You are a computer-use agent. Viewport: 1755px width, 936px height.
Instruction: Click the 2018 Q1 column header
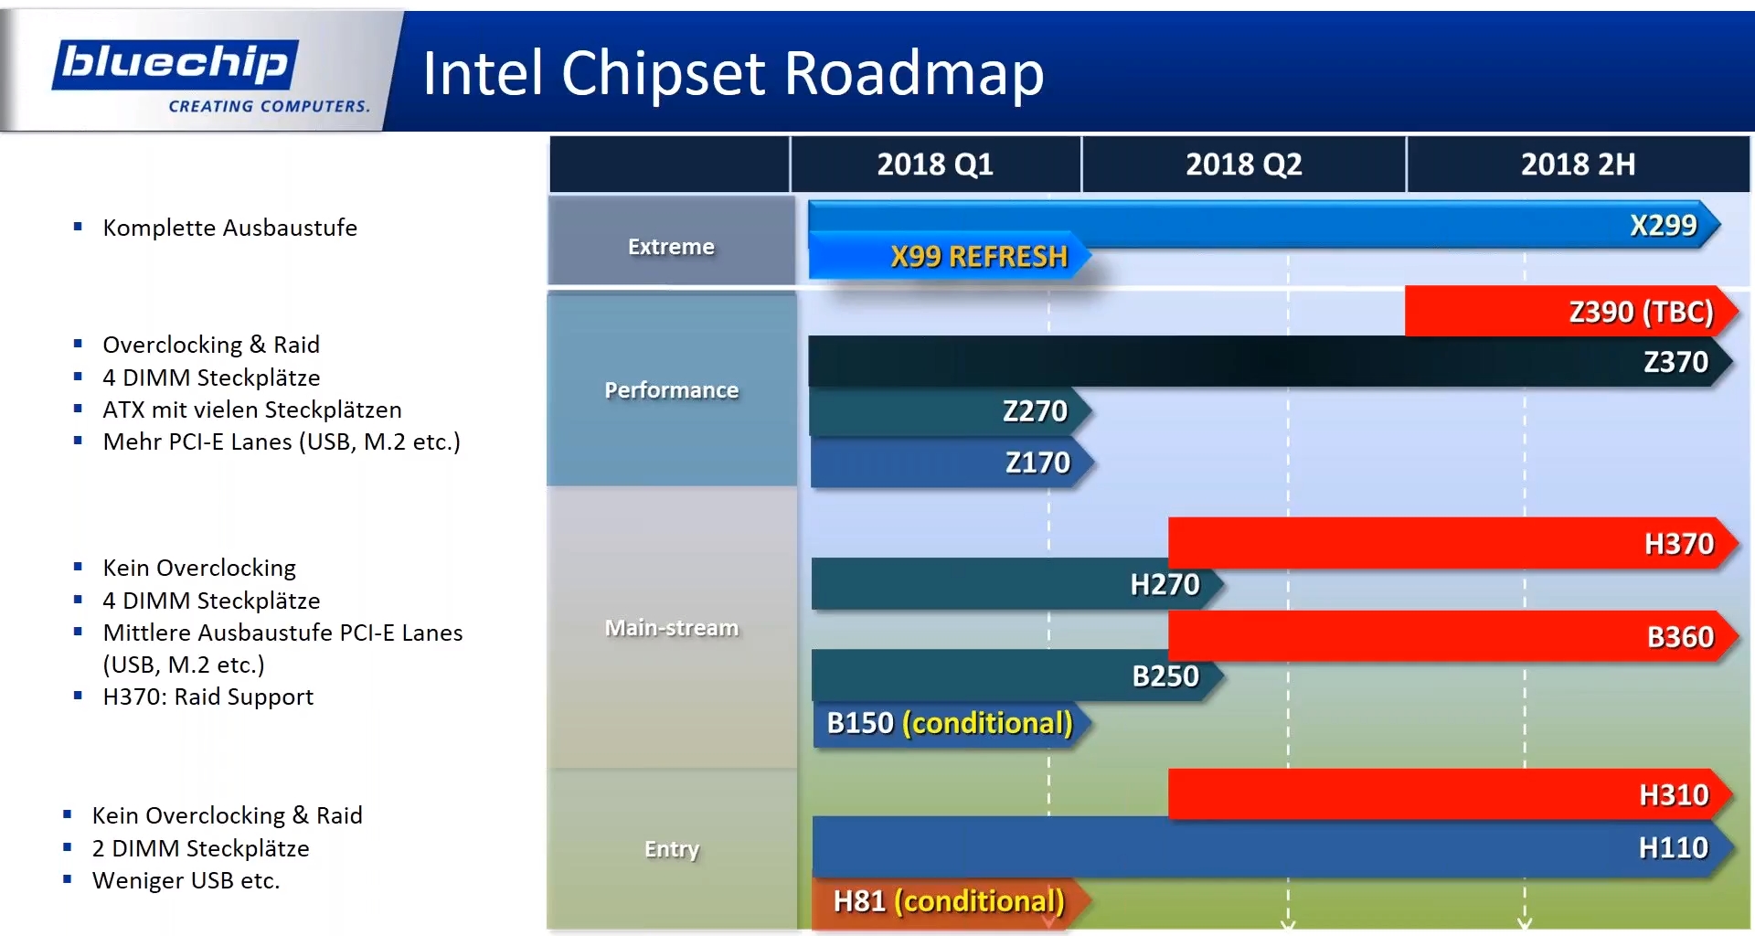click(x=935, y=165)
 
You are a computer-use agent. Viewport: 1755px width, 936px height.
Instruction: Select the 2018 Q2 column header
click(x=1244, y=165)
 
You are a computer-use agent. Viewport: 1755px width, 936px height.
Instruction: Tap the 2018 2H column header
click(x=1579, y=165)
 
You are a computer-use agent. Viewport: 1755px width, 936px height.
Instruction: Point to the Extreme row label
click(x=671, y=247)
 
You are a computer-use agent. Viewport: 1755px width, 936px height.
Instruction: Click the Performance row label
click(x=671, y=390)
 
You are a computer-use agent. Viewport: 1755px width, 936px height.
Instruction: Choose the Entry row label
click(x=672, y=849)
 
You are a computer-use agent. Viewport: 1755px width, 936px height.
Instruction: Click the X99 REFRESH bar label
click(x=979, y=257)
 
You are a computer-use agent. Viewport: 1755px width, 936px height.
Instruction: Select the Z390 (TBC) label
click(x=1642, y=312)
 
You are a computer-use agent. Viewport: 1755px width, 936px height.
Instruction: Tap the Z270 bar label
click(x=1035, y=411)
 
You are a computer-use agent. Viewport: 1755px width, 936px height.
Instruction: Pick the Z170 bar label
click(x=1037, y=463)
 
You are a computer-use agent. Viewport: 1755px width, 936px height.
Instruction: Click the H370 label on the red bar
click(x=1679, y=544)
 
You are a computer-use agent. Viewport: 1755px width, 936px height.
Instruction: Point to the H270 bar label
click(x=1165, y=584)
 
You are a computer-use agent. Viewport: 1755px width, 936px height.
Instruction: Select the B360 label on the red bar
click(x=1680, y=637)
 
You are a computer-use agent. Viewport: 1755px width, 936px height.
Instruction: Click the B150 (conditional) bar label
click(x=950, y=723)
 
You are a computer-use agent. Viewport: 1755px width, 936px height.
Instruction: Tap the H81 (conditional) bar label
click(x=949, y=901)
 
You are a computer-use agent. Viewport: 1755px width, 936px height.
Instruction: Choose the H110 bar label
click(x=1674, y=848)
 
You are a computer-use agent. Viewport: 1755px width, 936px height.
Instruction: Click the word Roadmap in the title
click(x=914, y=73)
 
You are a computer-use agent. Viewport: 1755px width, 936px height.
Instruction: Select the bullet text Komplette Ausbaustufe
click(x=229, y=228)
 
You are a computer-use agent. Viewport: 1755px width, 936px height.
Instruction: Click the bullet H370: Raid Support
click(x=207, y=697)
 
